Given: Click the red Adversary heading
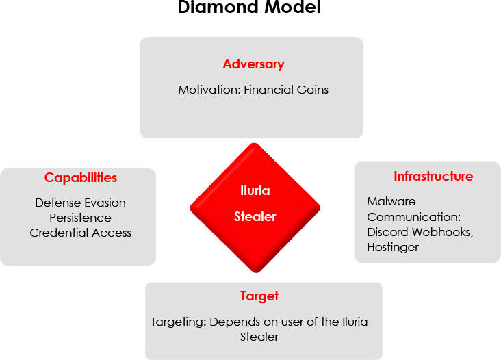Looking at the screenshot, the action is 253,64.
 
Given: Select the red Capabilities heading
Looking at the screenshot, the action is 81,177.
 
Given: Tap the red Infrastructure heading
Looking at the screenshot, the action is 433,176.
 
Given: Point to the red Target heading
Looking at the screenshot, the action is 259,296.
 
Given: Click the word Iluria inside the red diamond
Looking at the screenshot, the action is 255,191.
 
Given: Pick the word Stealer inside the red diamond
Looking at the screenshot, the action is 255,217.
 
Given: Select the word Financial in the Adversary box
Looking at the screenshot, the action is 268,90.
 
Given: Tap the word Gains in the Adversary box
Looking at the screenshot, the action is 313,90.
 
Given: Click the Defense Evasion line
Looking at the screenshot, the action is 81,203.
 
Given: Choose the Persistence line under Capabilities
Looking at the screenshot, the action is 81,218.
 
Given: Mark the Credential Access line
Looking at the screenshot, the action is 81,233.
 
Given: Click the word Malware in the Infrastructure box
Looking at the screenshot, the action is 391,202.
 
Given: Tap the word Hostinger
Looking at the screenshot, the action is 393,248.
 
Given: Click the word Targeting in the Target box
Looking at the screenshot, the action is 179,322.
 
